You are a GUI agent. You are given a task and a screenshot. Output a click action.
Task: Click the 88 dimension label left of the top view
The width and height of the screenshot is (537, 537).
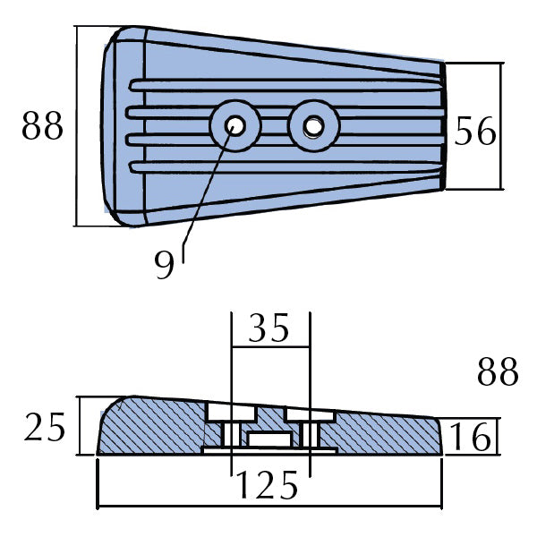click(x=43, y=128)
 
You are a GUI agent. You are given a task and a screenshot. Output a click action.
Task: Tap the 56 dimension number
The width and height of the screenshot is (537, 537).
click(x=475, y=132)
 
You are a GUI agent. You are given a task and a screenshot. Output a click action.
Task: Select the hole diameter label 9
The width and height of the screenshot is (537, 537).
click(x=164, y=266)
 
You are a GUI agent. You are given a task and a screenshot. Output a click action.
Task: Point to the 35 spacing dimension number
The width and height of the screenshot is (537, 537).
click(x=269, y=329)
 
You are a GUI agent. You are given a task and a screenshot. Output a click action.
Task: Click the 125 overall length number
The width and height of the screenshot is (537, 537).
click(x=268, y=485)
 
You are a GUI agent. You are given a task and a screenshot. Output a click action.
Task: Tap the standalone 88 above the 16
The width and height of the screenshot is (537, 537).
click(x=498, y=372)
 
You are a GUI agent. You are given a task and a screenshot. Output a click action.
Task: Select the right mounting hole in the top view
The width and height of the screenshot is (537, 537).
click(x=313, y=127)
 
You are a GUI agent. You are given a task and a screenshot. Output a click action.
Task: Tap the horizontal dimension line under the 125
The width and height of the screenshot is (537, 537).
click(x=268, y=507)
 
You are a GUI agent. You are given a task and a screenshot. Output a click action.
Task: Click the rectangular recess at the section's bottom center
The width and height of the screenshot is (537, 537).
click(x=270, y=439)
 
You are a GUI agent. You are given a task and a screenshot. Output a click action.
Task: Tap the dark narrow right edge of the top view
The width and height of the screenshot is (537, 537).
click(x=443, y=125)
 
